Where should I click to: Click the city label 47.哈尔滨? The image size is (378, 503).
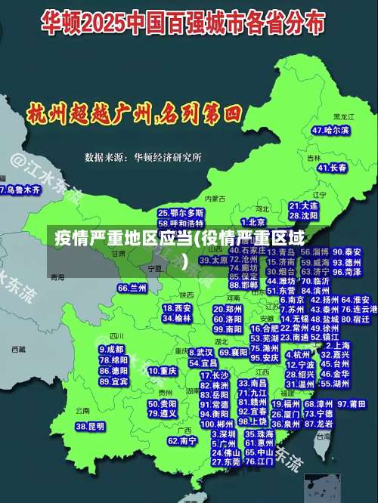pyautogui.click(x=331, y=131)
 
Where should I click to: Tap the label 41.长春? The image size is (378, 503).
pyautogui.click(x=332, y=167)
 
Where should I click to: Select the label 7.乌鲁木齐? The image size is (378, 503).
pyautogui.click(x=20, y=190)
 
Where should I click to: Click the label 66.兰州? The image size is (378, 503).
pyautogui.click(x=132, y=288)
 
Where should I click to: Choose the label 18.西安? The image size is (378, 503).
pyautogui.click(x=177, y=308)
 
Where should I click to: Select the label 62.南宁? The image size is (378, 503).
pyautogui.click(x=182, y=440)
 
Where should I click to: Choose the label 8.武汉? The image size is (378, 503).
pyautogui.click(x=200, y=352)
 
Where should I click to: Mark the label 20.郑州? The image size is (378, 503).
pyautogui.click(x=228, y=309)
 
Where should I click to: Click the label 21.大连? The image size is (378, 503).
pyautogui.click(x=303, y=205)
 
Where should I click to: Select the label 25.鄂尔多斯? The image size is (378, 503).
pyautogui.click(x=181, y=213)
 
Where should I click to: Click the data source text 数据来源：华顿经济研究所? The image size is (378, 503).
pyautogui.click(x=143, y=157)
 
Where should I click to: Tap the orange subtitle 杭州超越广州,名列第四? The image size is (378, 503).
pyautogui.click(x=134, y=115)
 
